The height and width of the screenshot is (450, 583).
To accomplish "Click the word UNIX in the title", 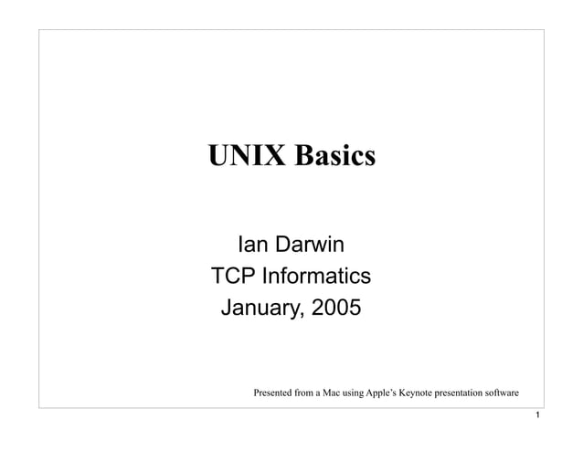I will [242, 156].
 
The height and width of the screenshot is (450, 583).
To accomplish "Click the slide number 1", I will [541, 416].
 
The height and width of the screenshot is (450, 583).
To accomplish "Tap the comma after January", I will [303, 315].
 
